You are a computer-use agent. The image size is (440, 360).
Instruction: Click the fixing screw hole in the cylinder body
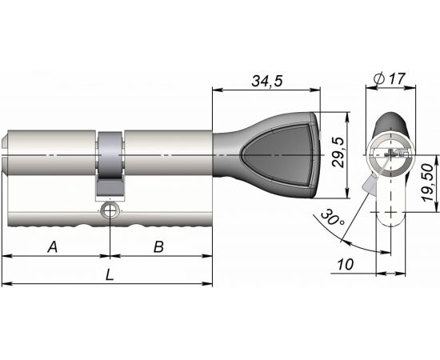click(109, 211)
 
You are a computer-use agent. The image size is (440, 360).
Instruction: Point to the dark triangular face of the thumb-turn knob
click(281, 156)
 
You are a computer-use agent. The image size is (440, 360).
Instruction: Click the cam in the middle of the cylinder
click(110, 164)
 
